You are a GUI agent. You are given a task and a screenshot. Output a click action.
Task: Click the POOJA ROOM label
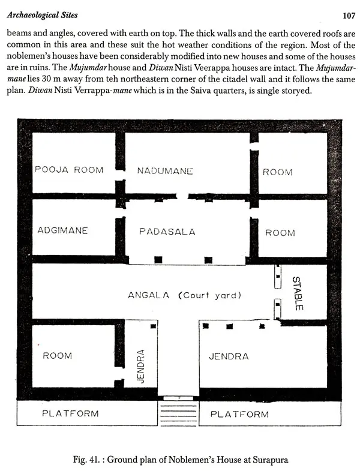69,170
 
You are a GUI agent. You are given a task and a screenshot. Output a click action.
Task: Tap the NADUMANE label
165,171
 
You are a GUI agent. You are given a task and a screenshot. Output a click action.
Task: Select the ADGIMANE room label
62,230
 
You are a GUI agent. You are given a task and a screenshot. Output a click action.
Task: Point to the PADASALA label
167,232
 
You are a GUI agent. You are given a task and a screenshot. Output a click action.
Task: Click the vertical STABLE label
297,293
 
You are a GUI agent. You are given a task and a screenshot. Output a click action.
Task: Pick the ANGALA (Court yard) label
185,295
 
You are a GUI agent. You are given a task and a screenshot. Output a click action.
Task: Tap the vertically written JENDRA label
140,366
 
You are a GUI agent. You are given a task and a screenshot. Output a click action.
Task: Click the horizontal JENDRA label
229,356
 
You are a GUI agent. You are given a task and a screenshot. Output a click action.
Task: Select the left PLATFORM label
70,413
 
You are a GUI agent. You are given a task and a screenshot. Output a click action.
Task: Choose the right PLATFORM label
239,414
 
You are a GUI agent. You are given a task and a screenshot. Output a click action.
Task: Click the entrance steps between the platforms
178,413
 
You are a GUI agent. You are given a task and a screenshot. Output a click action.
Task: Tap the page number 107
349,16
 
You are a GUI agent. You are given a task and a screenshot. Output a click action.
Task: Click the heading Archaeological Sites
43,15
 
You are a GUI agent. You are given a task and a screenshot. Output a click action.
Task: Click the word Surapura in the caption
270,460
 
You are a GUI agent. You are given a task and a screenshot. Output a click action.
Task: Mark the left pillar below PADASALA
158,260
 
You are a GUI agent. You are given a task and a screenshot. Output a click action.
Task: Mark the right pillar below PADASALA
208,260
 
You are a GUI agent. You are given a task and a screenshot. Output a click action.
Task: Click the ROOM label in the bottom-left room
58,355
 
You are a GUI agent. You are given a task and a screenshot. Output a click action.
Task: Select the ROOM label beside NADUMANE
277,172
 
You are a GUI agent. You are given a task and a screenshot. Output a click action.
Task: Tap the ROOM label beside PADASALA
280,233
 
